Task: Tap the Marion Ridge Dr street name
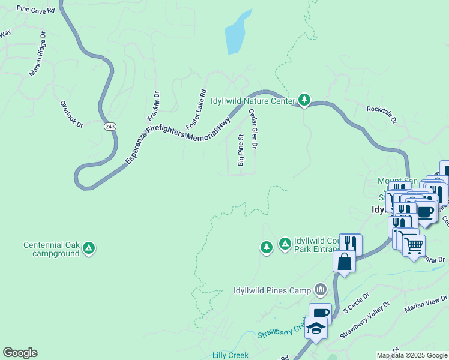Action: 37,55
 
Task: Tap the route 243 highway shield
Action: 109,126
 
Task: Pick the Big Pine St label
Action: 241,150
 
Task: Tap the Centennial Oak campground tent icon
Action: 89,247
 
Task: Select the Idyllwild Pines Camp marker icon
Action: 321,290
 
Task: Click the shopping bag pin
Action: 345,262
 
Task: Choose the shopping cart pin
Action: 414,245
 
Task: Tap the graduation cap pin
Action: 316,328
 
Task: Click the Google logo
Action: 20,353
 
